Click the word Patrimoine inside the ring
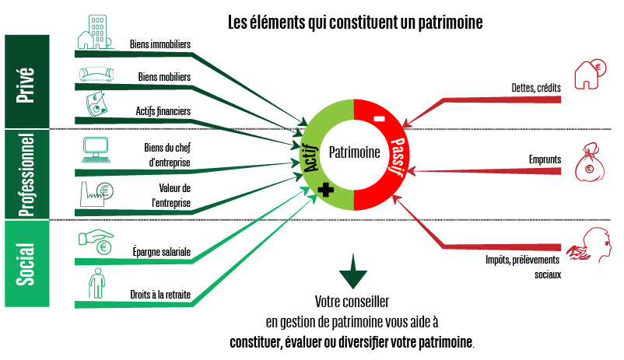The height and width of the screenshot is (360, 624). click(x=354, y=152)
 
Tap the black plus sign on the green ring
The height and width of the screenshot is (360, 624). click(x=325, y=189)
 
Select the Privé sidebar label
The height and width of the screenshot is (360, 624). click(x=25, y=80)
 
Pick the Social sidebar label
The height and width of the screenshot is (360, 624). click(x=25, y=264)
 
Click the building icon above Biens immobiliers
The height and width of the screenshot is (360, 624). click(x=95, y=33)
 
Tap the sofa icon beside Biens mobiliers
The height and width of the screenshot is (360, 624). click(x=96, y=75)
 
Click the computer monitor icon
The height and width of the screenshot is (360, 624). click(x=96, y=148)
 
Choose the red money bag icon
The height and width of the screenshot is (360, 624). click(x=590, y=162)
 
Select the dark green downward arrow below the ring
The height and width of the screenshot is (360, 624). click(x=353, y=271)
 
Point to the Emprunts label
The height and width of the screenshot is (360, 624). click(x=545, y=159)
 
